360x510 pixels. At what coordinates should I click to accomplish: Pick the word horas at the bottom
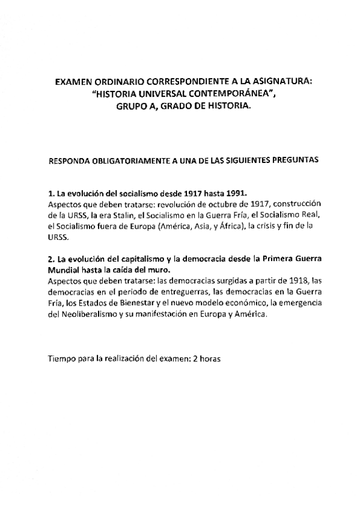point(210,359)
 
